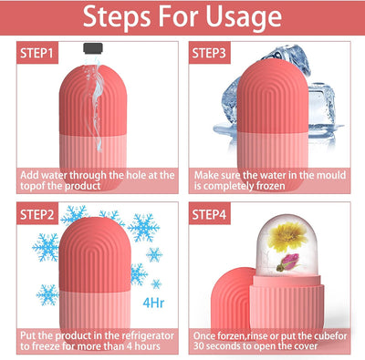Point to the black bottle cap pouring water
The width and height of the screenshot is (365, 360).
[x=89, y=46]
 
